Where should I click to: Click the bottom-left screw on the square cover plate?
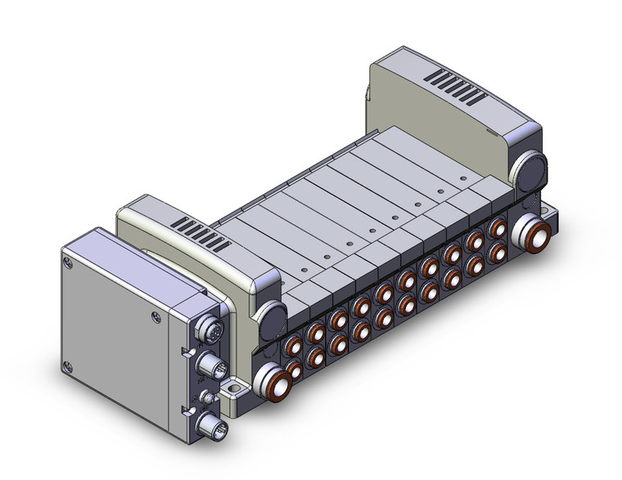coord(69,366)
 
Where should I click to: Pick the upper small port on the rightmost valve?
coord(497,227)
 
